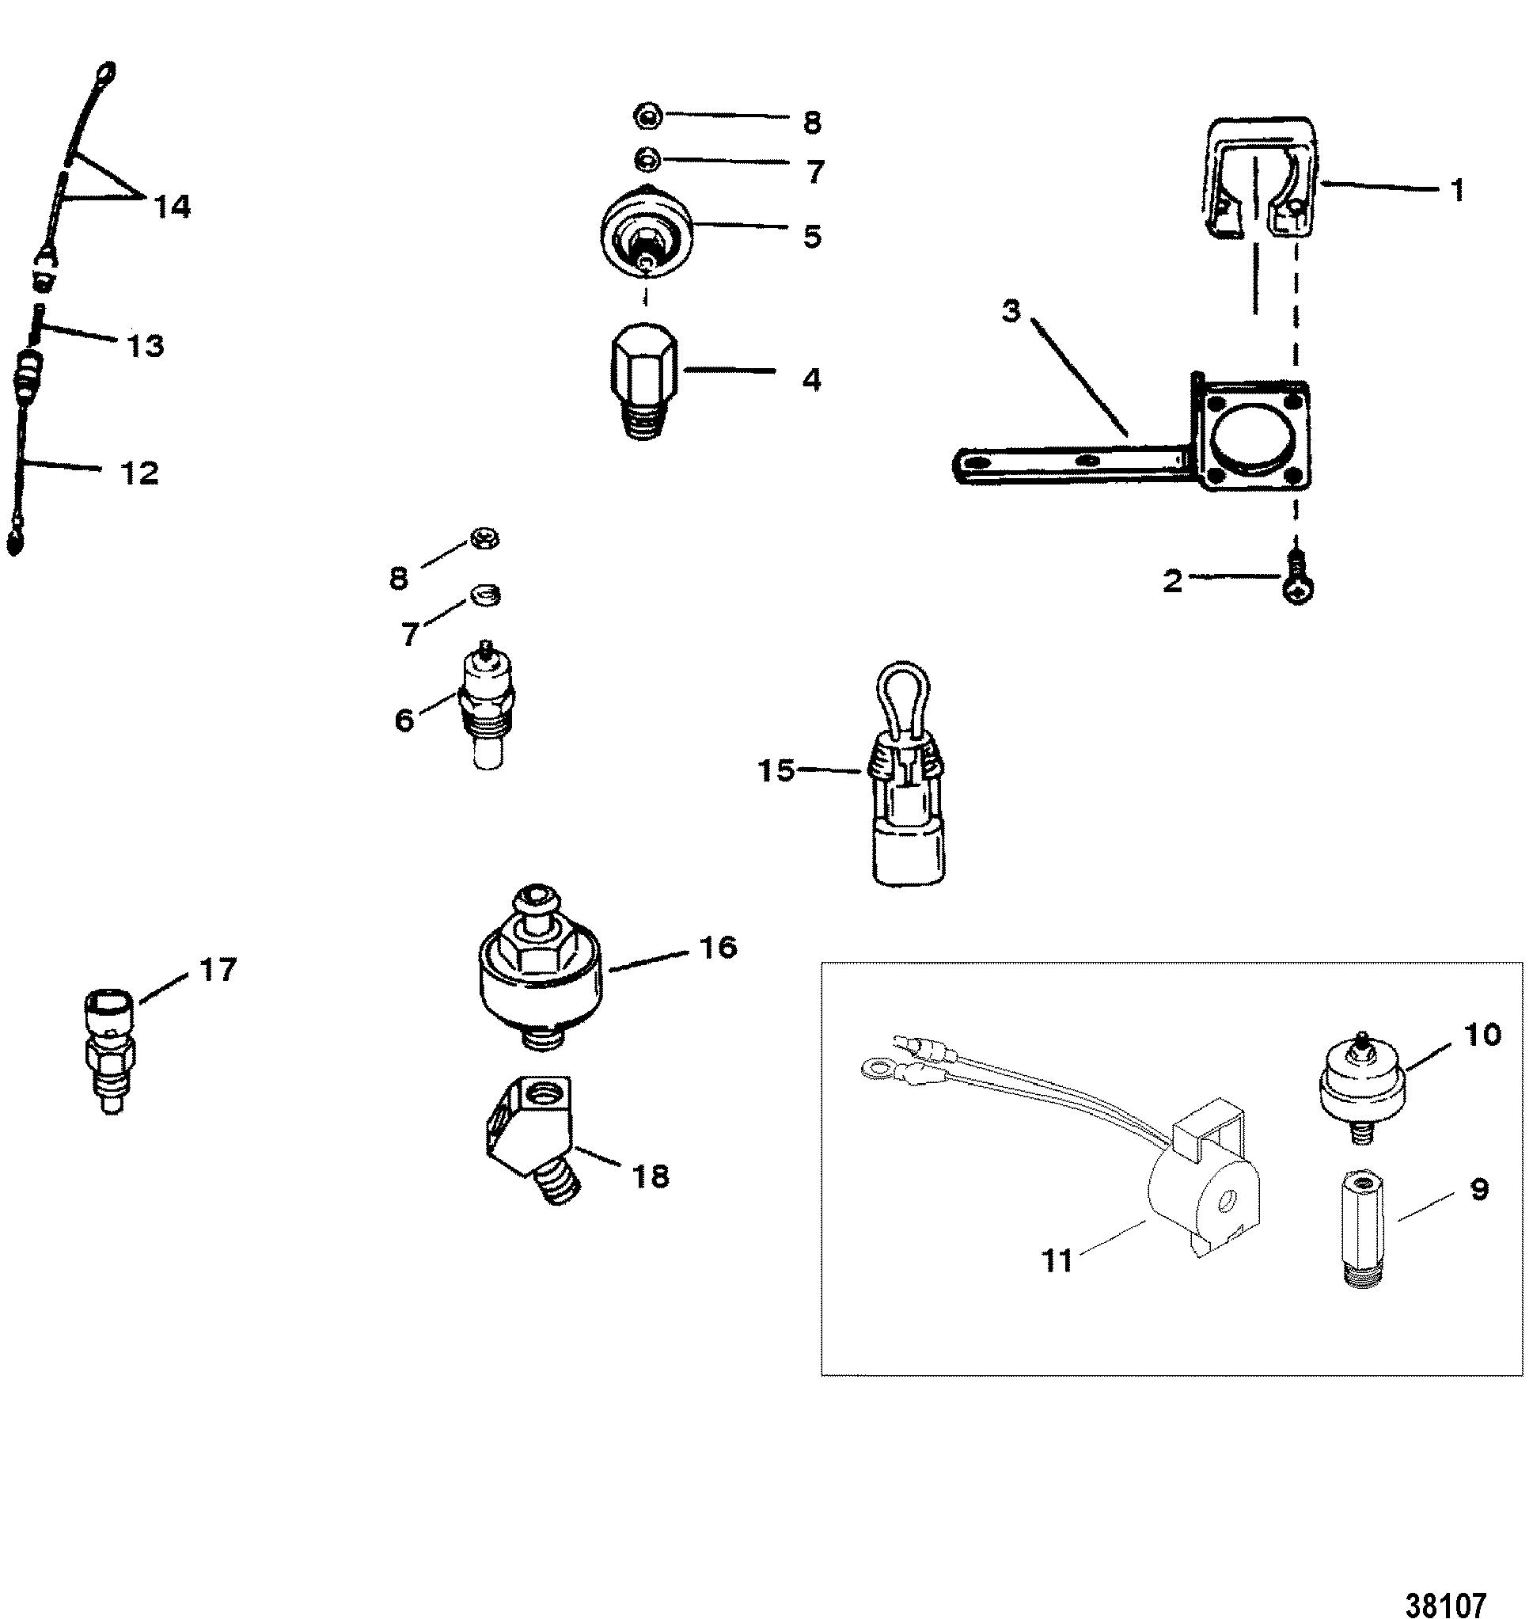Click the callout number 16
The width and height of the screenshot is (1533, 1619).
click(717, 947)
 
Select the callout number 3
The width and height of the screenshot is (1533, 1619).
click(1011, 312)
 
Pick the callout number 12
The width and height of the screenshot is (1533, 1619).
click(140, 473)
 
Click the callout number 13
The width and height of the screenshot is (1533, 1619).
click(144, 346)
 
